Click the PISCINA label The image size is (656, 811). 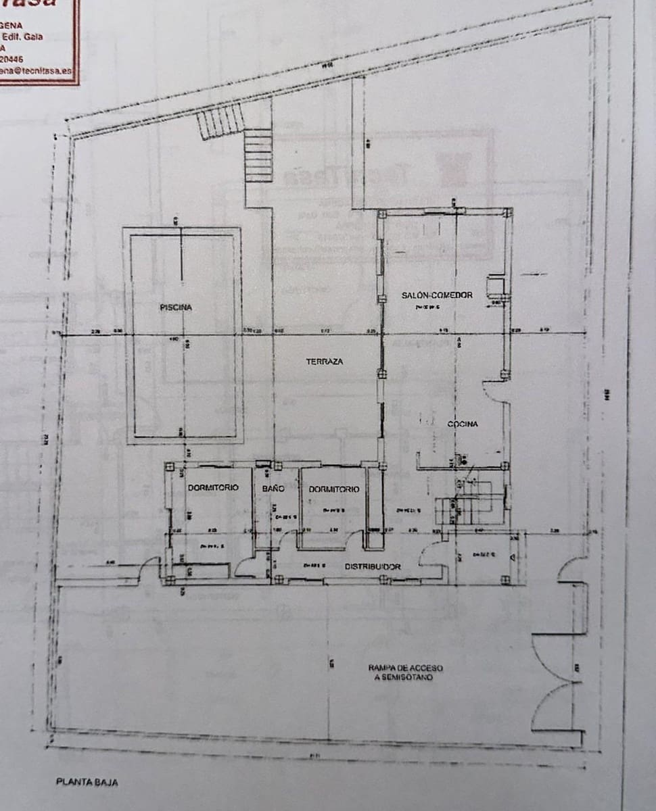[176, 308]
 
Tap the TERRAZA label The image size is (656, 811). [325, 362]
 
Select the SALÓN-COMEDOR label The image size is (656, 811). [436, 295]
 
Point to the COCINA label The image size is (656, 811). [463, 424]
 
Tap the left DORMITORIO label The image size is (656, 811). [213, 488]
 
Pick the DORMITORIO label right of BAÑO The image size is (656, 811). [334, 489]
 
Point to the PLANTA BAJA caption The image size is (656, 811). [87, 782]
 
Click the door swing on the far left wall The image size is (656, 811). [149, 569]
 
